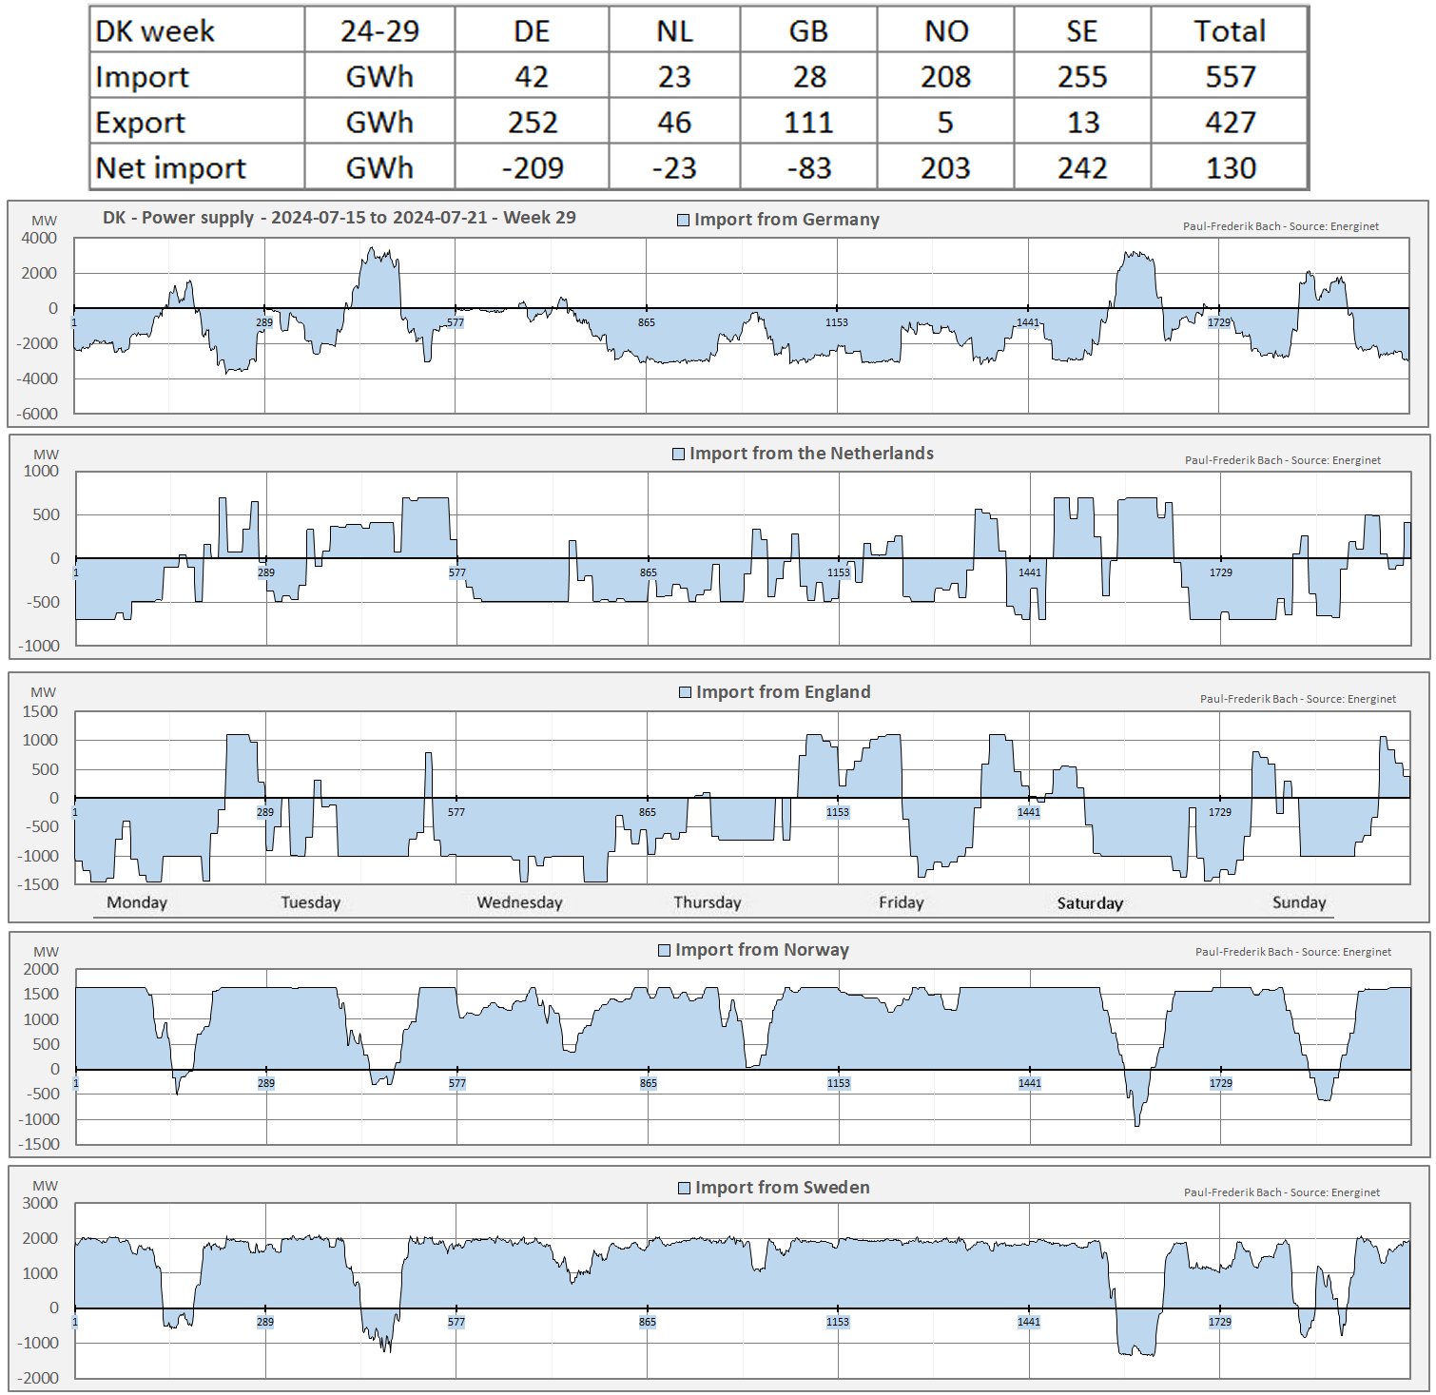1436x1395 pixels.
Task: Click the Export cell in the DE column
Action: point(532,123)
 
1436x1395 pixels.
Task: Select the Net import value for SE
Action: point(1082,168)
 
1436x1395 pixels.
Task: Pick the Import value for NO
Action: point(945,77)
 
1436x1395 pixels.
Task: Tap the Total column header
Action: point(1230,31)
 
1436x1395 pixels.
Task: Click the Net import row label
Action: point(171,168)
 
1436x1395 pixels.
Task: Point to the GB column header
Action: point(808,31)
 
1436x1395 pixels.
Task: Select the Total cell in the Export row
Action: point(1231,123)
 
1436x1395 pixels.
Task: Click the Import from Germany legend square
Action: point(683,221)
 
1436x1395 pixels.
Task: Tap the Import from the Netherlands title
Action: point(811,454)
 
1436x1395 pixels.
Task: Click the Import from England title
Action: point(783,692)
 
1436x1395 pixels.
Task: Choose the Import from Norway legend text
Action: point(762,950)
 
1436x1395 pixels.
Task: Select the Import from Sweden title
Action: point(782,1188)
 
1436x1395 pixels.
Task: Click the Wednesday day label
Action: point(519,902)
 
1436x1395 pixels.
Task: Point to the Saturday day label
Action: point(1090,903)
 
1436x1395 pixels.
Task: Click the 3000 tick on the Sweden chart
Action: point(40,1204)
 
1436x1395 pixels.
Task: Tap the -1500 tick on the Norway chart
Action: point(38,1144)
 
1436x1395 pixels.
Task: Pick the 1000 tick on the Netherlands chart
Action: point(41,472)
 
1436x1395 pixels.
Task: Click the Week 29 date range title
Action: point(339,218)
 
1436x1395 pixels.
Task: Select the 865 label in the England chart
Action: point(647,812)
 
